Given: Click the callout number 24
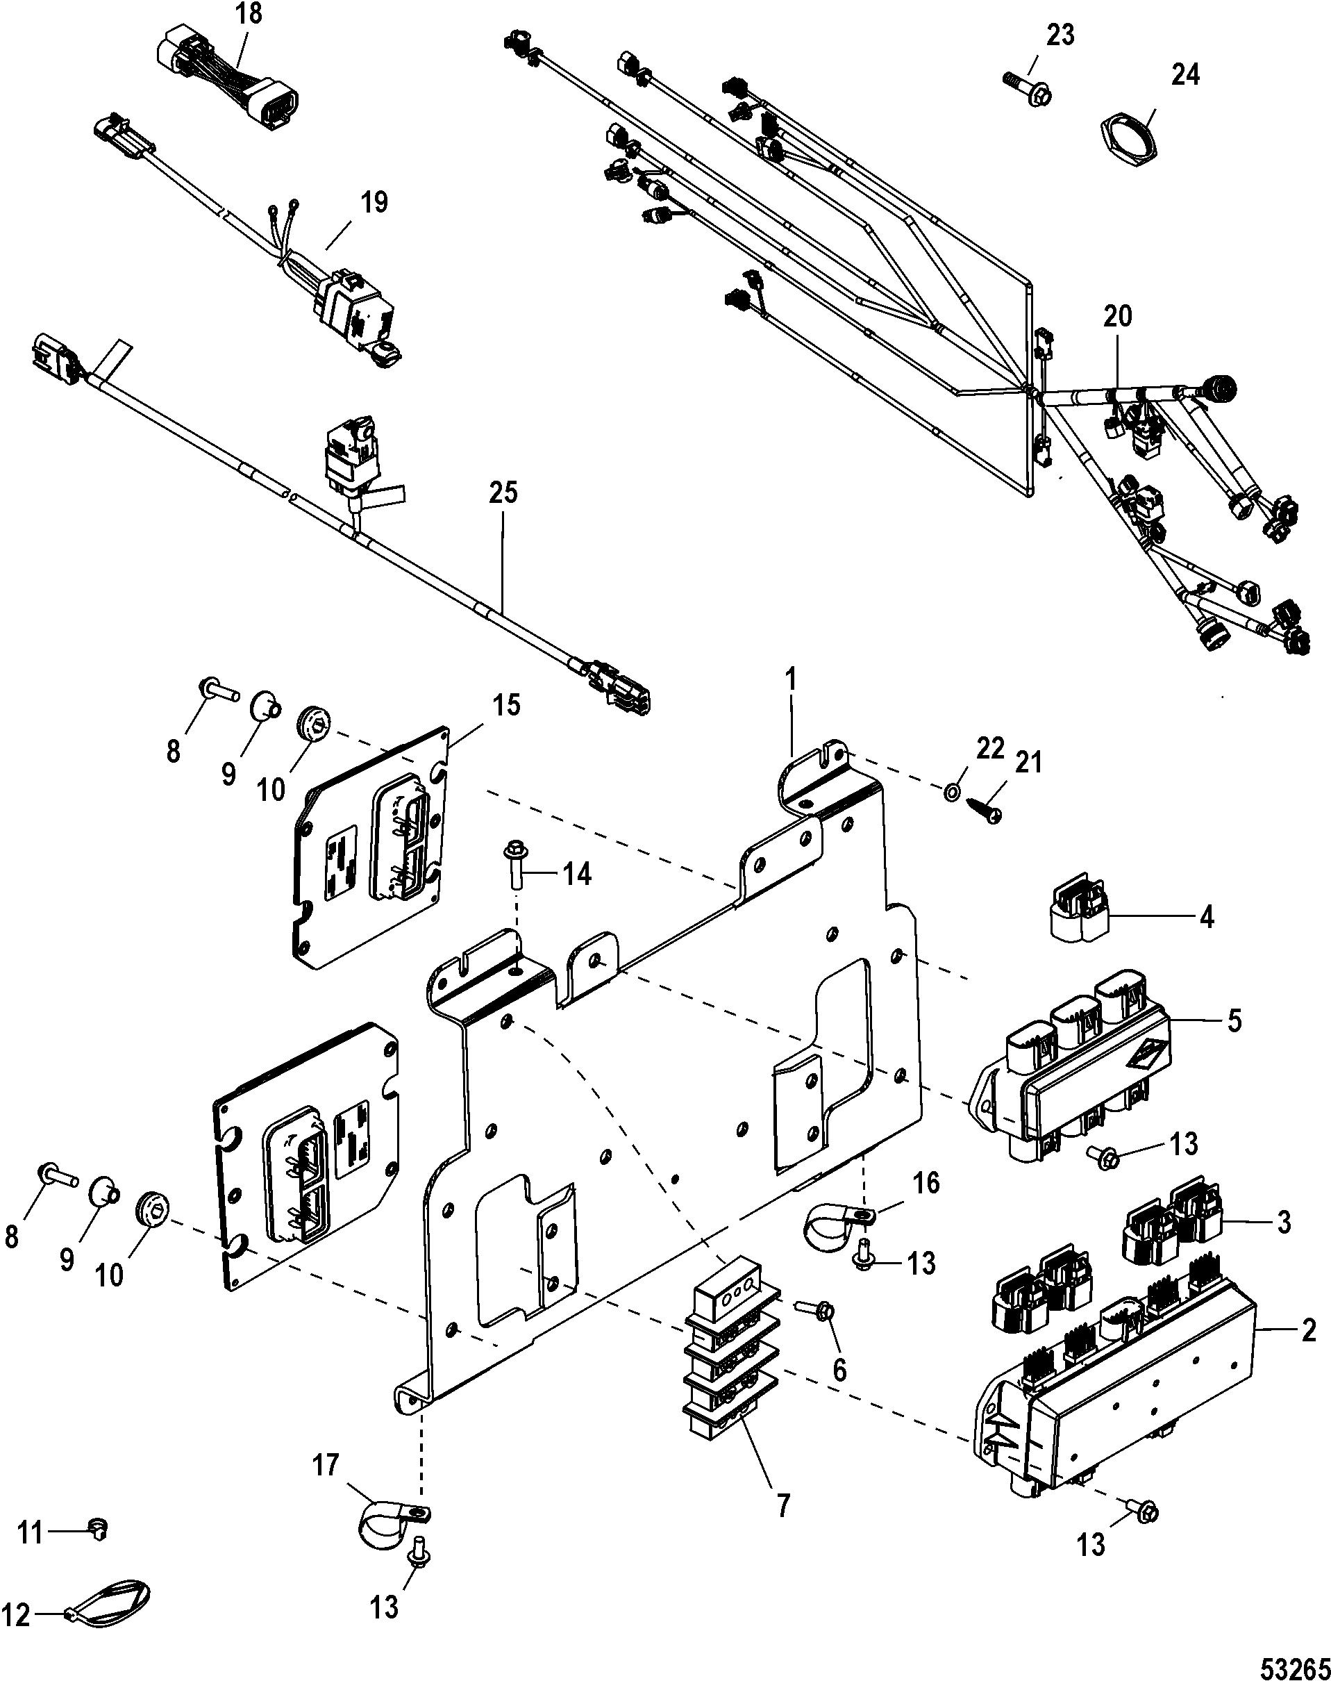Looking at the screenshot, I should pyautogui.click(x=1184, y=76).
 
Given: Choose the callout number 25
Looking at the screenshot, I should pyautogui.click(x=503, y=495).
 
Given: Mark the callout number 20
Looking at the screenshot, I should pyautogui.click(x=1116, y=317).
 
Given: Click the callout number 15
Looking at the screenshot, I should pyautogui.click(x=503, y=707).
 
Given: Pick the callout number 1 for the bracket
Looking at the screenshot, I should pyautogui.click(x=791, y=679).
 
